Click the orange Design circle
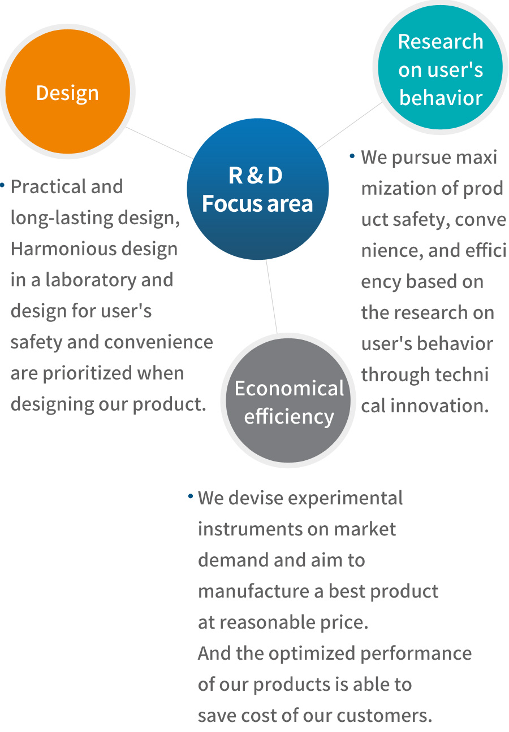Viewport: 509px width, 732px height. pyautogui.click(x=68, y=91)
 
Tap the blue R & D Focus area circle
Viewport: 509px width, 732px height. pyautogui.click(x=258, y=189)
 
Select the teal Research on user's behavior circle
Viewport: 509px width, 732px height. pyautogui.click(x=441, y=67)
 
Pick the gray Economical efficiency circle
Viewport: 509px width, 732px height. pyautogui.click(x=288, y=400)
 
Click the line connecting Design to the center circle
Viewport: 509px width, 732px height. pyautogui.click(x=159, y=143)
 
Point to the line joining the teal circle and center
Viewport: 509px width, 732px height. pyautogui.click(x=350, y=125)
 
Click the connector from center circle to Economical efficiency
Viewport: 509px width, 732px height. pyautogui.click(x=271, y=297)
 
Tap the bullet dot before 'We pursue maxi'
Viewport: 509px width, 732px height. pyautogui.click(x=352, y=156)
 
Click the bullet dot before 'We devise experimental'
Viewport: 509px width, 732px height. pyautogui.click(x=191, y=496)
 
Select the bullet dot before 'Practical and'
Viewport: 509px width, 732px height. pyautogui.click(x=2, y=185)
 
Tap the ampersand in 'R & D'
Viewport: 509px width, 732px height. pyautogui.click(x=255, y=175)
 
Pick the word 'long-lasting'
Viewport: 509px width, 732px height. pyautogui.click(x=62, y=218)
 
